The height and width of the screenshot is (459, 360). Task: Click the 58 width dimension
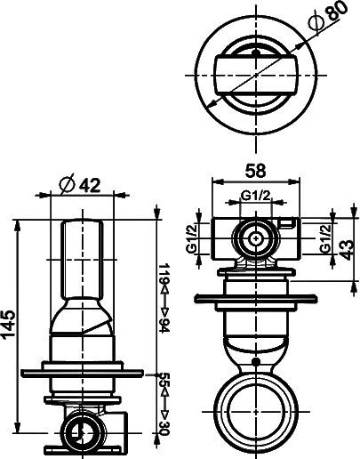point(256,168)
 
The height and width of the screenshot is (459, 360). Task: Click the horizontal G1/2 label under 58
point(256,197)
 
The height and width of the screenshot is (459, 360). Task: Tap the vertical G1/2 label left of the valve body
point(191,239)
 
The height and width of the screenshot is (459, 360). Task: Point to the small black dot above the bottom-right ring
point(257,361)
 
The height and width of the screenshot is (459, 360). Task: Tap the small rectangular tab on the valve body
point(286,223)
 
